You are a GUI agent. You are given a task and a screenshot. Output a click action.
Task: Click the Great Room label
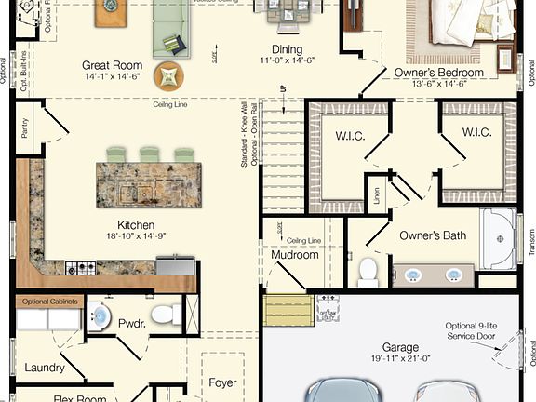click(111, 65)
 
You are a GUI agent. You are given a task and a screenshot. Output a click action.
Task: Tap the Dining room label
click(288, 49)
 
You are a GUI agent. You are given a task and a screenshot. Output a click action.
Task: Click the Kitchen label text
click(135, 225)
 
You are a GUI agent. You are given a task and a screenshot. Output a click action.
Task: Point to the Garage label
click(399, 348)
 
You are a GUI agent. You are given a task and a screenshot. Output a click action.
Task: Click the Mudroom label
click(294, 255)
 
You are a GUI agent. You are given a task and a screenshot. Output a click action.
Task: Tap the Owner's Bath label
click(433, 235)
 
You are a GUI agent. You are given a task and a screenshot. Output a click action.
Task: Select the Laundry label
click(45, 368)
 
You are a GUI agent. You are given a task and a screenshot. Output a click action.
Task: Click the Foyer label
click(222, 382)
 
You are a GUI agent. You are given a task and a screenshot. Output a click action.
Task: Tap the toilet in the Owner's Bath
click(368, 271)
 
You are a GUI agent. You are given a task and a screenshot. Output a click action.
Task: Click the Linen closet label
click(376, 195)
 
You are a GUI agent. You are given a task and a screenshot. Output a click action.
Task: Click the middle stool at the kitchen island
click(147, 154)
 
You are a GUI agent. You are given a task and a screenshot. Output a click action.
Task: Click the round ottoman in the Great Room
click(168, 74)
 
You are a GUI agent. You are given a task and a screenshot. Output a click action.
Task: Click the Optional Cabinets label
click(48, 301)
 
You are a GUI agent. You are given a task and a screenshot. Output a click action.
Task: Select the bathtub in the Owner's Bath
click(501, 238)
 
